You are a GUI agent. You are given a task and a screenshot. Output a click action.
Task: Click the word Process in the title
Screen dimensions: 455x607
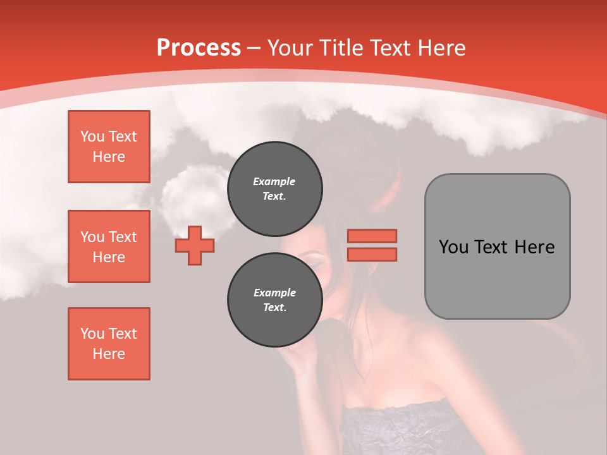pyautogui.click(x=199, y=48)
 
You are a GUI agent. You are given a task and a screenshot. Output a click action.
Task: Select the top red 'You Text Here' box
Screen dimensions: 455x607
pyautogui.click(x=109, y=147)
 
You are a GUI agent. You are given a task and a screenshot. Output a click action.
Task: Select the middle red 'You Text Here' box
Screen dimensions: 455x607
pyautogui.click(x=109, y=246)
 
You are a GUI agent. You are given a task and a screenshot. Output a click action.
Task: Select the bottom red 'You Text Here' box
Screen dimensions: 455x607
pyautogui.click(x=109, y=344)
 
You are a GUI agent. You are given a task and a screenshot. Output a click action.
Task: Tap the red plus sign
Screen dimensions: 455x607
pyautogui.click(x=195, y=245)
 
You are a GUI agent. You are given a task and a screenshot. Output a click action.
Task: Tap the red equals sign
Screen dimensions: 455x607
pyautogui.click(x=372, y=245)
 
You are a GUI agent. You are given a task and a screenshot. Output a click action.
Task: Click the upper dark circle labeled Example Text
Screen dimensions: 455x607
pyautogui.click(x=274, y=188)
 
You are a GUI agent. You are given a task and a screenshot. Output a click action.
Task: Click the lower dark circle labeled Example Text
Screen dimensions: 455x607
pyautogui.click(x=274, y=300)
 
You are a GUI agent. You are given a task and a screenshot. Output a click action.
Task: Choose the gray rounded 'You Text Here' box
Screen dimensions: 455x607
pyautogui.click(x=497, y=246)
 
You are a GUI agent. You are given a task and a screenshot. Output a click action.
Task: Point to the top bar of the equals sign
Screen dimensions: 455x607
pyautogui.click(x=372, y=236)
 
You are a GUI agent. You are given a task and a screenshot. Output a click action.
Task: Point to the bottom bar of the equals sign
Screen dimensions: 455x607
pyautogui.click(x=372, y=255)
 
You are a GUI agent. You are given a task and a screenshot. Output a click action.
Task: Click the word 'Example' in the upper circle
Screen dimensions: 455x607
pyautogui.click(x=274, y=181)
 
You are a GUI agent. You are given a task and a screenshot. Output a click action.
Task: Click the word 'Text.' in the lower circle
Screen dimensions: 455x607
pyautogui.click(x=274, y=308)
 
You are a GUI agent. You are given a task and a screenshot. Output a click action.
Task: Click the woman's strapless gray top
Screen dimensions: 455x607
pyautogui.click(x=405, y=430)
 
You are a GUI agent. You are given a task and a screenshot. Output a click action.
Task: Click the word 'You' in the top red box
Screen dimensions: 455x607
pyautogui.click(x=92, y=136)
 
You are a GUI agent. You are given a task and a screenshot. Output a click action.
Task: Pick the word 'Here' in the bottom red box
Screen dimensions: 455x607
pyautogui.click(x=109, y=354)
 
